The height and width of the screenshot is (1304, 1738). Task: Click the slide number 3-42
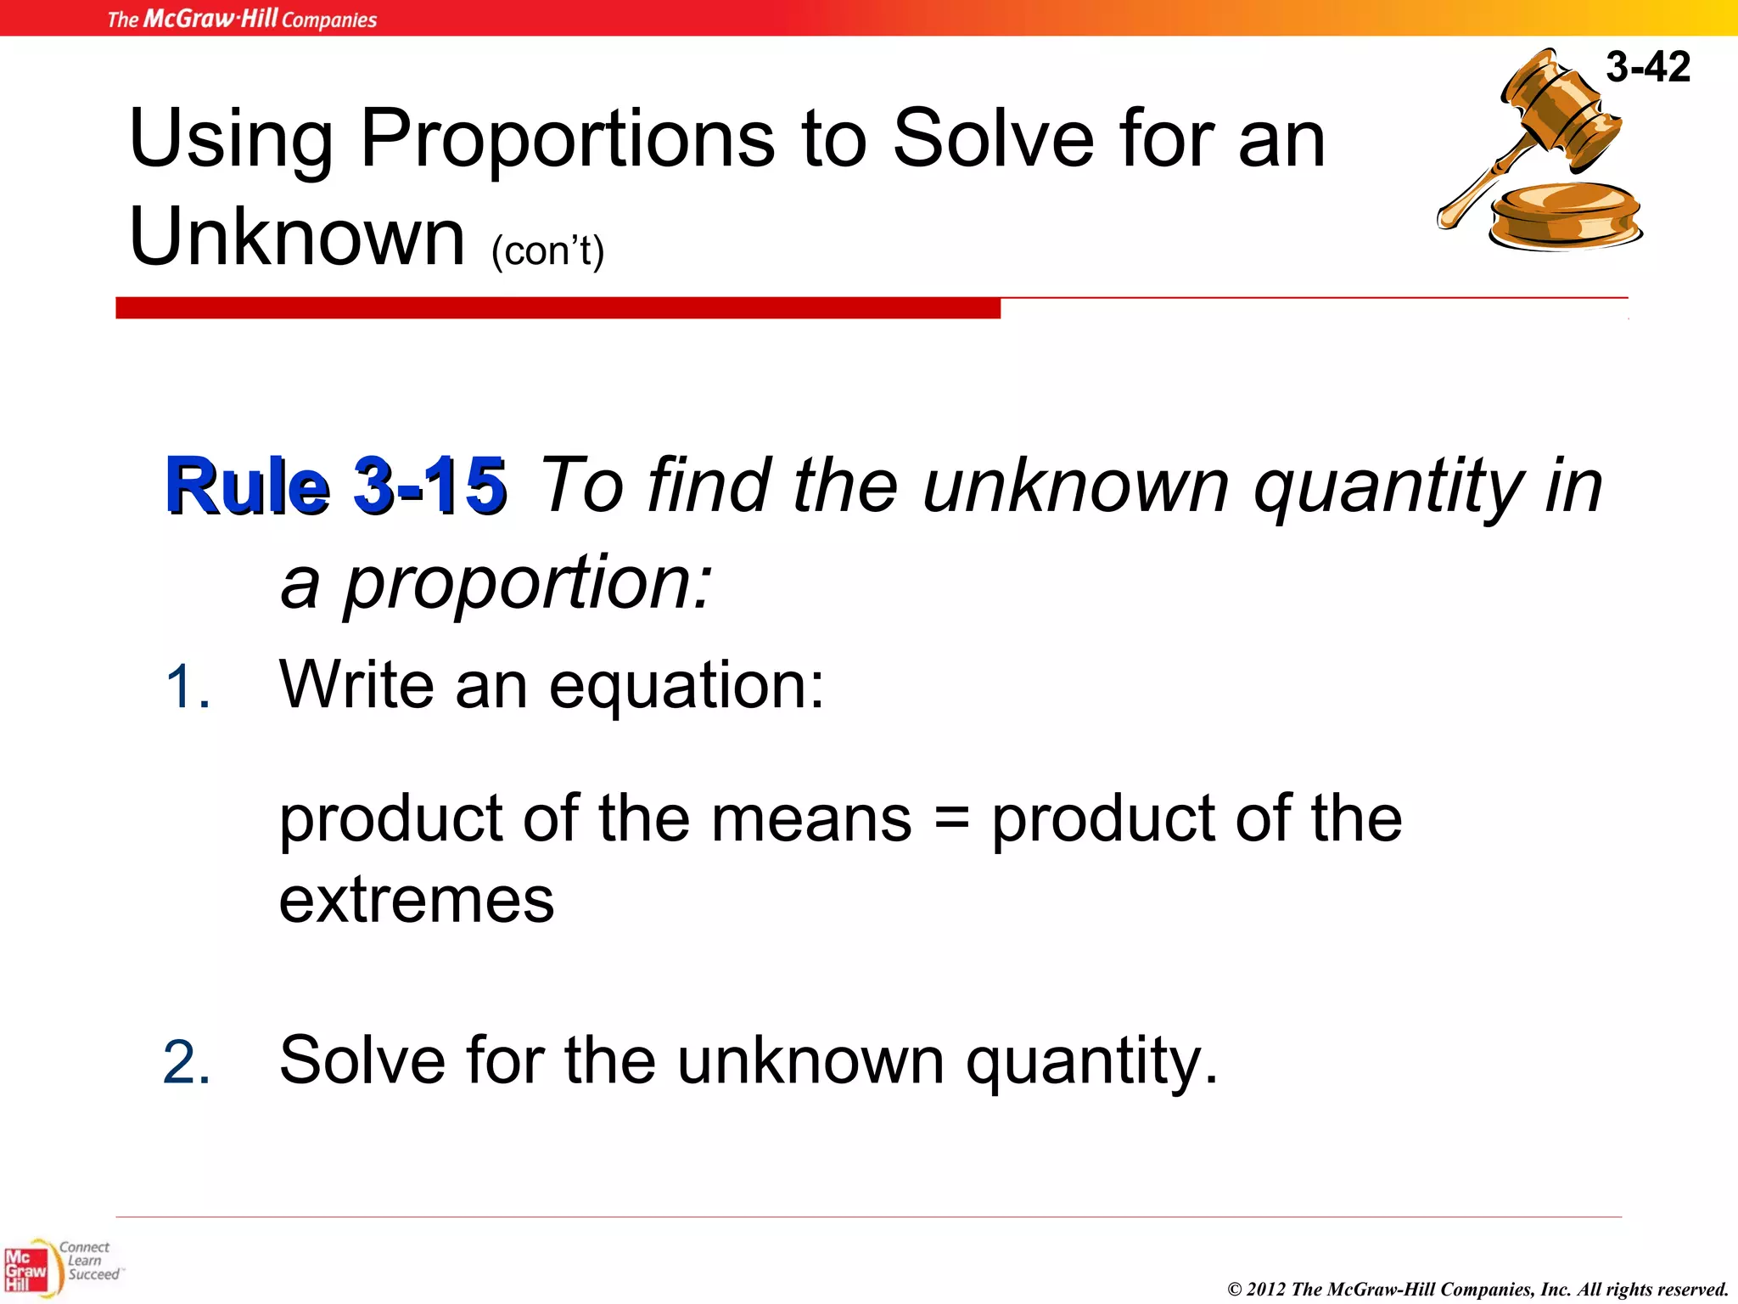1647,66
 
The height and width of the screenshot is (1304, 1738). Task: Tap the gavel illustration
1540,153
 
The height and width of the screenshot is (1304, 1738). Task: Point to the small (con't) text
547,250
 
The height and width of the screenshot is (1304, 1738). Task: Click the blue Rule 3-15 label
336,486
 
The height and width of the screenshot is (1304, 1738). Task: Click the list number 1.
187,686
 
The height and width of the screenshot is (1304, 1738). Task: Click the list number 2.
187,1062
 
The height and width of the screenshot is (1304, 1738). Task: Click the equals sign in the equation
951,820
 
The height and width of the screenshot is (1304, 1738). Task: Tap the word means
810,820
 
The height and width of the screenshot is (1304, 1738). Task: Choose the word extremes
417,901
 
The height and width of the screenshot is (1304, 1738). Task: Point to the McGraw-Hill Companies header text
242,19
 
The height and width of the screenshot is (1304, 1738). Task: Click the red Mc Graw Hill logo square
25,1271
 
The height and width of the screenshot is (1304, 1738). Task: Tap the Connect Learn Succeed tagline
89,1261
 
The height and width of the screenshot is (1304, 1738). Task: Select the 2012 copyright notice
1477,1289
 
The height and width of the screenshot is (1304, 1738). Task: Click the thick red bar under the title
558,308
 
